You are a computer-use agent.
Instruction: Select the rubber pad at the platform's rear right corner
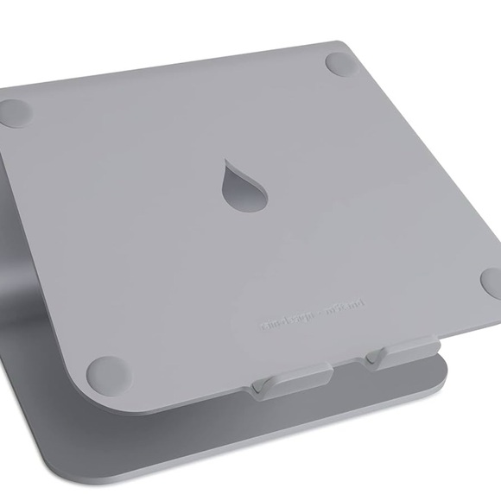(340, 62)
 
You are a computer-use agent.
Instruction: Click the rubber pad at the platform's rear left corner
(15, 112)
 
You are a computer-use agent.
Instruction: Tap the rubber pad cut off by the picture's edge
(492, 282)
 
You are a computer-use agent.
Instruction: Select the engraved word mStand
(347, 306)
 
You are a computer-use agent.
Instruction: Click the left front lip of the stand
(289, 381)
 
